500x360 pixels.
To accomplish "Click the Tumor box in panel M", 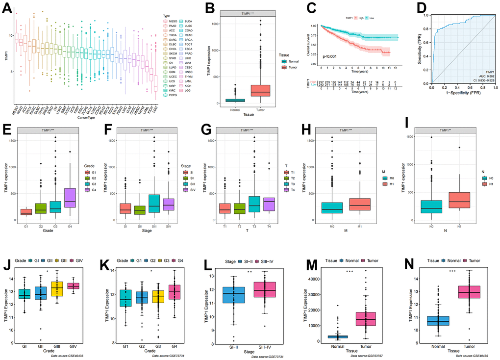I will (364, 322).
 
